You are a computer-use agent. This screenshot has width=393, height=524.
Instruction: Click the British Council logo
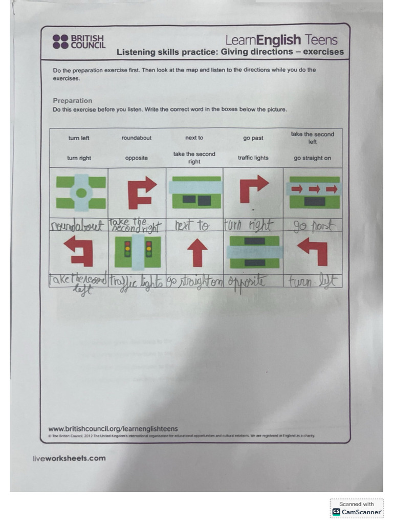point(79,42)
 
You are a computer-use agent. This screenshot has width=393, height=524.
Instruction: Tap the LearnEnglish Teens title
point(281,40)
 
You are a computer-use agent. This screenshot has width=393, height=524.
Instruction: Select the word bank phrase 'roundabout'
point(137,138)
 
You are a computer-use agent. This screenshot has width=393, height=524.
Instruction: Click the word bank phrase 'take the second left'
point(312,138)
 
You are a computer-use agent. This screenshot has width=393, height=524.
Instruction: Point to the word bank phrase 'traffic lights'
point(253,158)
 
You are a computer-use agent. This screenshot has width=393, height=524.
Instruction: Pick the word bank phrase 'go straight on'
point(312,158)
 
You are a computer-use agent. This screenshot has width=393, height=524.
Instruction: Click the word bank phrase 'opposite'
point(137,158)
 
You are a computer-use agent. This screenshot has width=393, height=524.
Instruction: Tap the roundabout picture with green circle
point(81,192)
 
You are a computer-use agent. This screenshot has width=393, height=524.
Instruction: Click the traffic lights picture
point(137,252)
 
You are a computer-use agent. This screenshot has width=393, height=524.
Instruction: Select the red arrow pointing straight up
point(196,252)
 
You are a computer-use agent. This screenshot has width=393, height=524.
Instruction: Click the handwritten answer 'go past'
point(312,226)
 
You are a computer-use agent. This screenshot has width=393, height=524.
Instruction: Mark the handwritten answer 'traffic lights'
point(136,282)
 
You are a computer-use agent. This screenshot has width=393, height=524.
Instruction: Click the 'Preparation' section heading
point(73,100)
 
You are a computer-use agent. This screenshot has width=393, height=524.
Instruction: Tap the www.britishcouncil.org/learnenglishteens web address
point(113,428)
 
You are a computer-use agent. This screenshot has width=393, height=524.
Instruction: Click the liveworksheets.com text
point(69,458)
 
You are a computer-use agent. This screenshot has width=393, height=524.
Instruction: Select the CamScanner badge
point(357,508)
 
